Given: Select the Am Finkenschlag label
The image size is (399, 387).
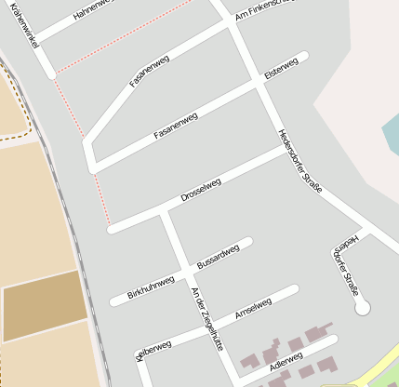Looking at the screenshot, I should [x=264, y=8].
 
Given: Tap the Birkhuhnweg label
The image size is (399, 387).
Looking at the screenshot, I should [x=151, y=287].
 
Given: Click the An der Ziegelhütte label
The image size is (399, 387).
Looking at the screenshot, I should [x=207, y=317].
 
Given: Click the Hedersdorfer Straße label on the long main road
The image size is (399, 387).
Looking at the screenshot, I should [x=300, y=161].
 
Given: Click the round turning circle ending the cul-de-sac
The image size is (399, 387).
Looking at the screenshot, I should [x=362, y=306].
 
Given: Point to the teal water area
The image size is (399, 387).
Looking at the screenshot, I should [x=391, y=135].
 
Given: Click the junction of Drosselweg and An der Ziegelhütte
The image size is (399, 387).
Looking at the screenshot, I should [x=164, y=212].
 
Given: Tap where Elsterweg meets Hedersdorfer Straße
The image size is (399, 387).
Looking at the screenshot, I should [x=260, y=84].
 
